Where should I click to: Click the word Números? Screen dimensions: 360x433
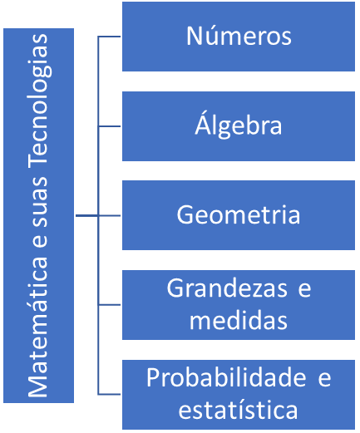coord(239,36)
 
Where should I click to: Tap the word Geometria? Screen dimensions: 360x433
coord(239,214)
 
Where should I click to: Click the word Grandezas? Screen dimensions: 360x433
coord(227,288)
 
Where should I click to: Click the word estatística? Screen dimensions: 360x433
coord(238,409)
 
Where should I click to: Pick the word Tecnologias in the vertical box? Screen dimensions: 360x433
coord(39,101)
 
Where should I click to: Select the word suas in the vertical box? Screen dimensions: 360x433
coord(39,202)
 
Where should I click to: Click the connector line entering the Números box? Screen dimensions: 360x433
coord(110,37)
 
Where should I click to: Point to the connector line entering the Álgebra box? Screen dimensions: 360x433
coord(110,126)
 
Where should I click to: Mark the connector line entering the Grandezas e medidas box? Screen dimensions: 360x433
coord(110,305)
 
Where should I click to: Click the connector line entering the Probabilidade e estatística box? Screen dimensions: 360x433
coord(110,394)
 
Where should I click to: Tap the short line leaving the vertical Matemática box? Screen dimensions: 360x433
coord(86,215)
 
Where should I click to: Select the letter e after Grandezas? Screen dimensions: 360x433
coord(304,290)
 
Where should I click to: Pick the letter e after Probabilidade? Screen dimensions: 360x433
coord(324,379)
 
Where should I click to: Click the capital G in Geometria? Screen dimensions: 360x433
coord(185,214)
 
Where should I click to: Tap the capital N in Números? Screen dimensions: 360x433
coord(194,36)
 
